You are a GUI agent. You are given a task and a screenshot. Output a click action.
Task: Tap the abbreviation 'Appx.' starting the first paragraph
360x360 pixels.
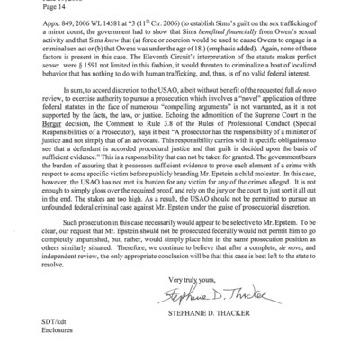18,25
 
